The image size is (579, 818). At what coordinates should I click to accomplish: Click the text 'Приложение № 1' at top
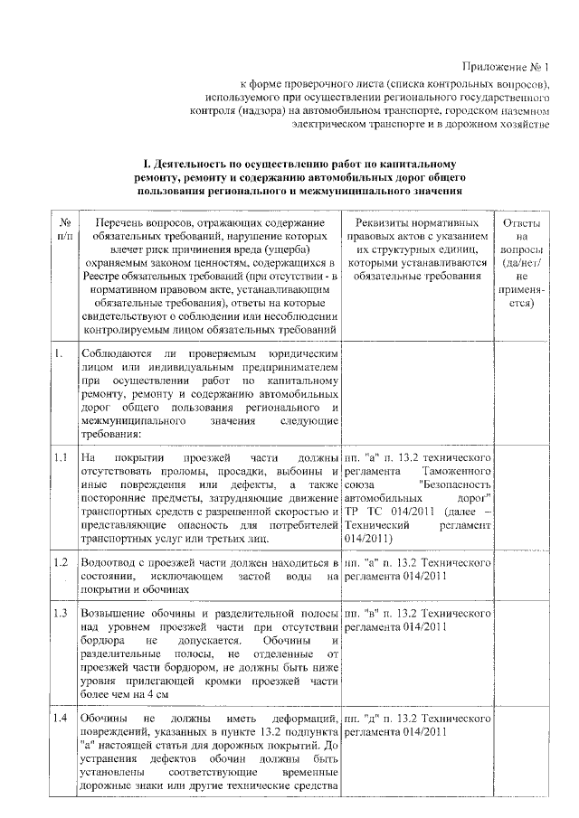pyautogui.click(x=506, y=66)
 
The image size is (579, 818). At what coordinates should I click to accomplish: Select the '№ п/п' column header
pyautogui.click(x=64, y=229)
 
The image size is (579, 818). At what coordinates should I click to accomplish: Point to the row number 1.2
pyautogui.click(x=62, y=563)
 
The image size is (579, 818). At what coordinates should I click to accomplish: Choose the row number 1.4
pyautogui.click(x=62, y=719)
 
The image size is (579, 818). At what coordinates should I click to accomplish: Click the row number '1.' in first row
pyautogui.click(x=58, y=353)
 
